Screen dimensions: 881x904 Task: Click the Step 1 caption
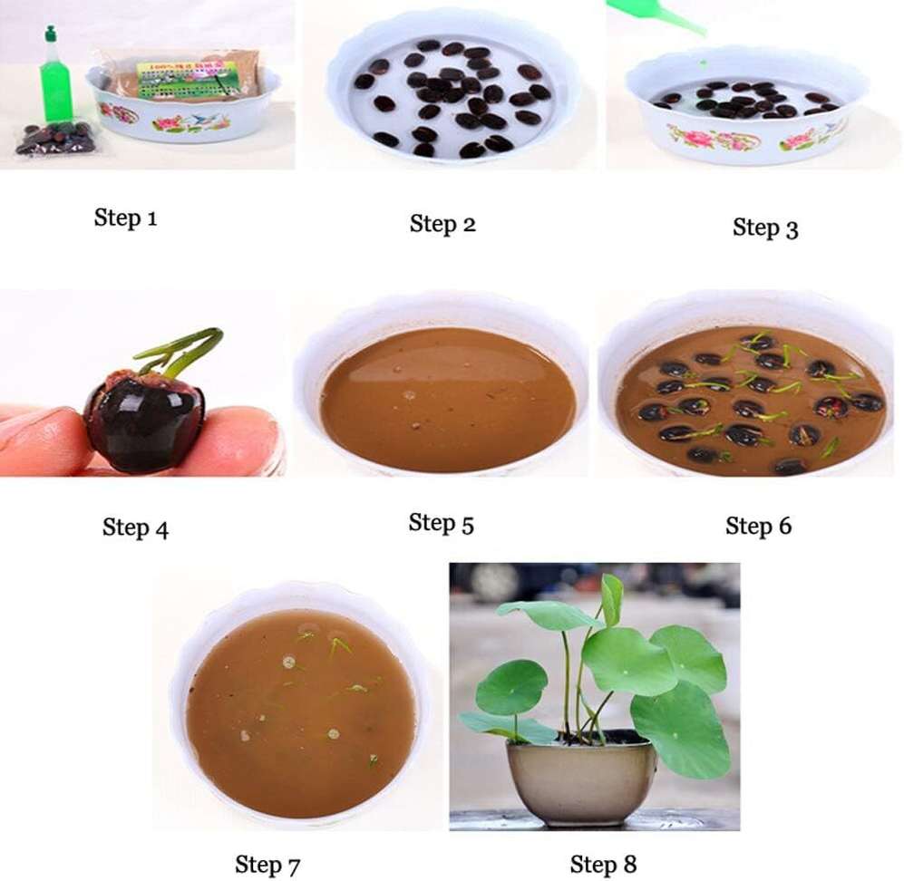[125, 218]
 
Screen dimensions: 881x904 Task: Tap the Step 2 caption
[442, 224]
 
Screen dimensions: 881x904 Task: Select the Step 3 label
[764, 228]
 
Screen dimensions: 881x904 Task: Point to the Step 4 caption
[135, 528]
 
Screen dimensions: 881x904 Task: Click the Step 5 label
[441, 523]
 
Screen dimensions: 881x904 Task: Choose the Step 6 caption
[758, 526]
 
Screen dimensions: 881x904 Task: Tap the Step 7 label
[267, 864]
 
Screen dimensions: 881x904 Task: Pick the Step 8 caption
[603, 865]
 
